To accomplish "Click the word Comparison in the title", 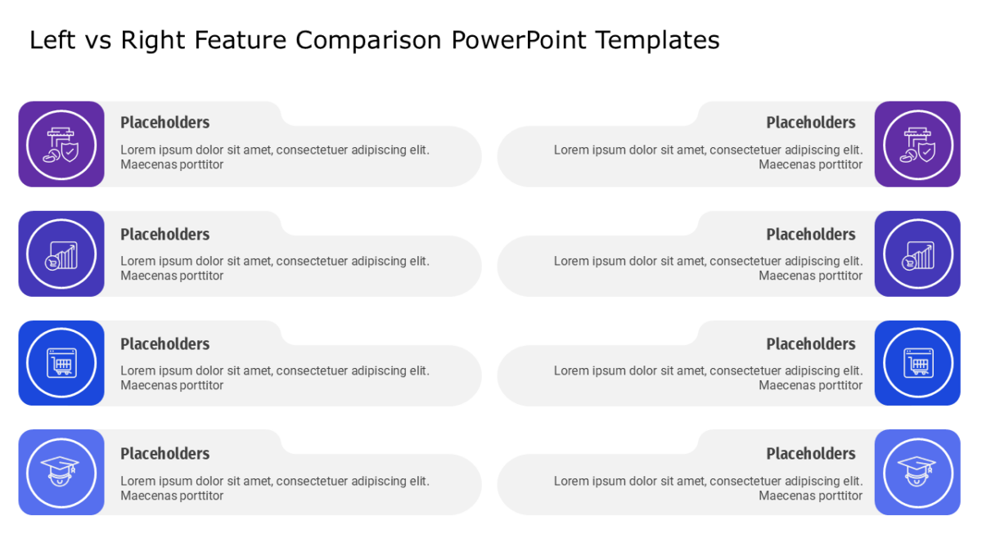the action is pyautogui.click(x=369, y=41).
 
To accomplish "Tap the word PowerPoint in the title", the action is pyautogui.click(x=519, y=40).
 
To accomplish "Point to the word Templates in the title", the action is pyautogui.click(x=658, y=41).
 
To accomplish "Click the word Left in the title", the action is pyautogui.click(x=52, y=40).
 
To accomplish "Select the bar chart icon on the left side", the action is pyautogui.click(x=61, y=255).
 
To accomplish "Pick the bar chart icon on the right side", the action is pyautogui.click(x=918, y=255).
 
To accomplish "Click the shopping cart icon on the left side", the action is pyautogui.click(x=61, y=362).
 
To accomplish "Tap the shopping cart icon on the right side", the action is pyautogui.click(x=918, y=362).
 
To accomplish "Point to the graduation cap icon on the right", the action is pyautogui.click(x=917, y=471).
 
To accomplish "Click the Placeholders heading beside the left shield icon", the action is pyautogui.click(x=165, y=123).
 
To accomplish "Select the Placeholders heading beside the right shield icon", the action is pyautogui.click(x=811, y=123).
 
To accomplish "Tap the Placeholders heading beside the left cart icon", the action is pyautogui.click(x=165, y=344).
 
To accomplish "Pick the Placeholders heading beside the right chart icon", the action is pyautogui.click(x=811, y=235).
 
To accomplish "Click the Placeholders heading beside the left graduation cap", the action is pyautogui.click(x=165, y=454).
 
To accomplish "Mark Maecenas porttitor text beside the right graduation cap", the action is pyautogui.click(x=811, y=496).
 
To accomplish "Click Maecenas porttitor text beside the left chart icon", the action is pyautogui.click(x=172, y=276).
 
